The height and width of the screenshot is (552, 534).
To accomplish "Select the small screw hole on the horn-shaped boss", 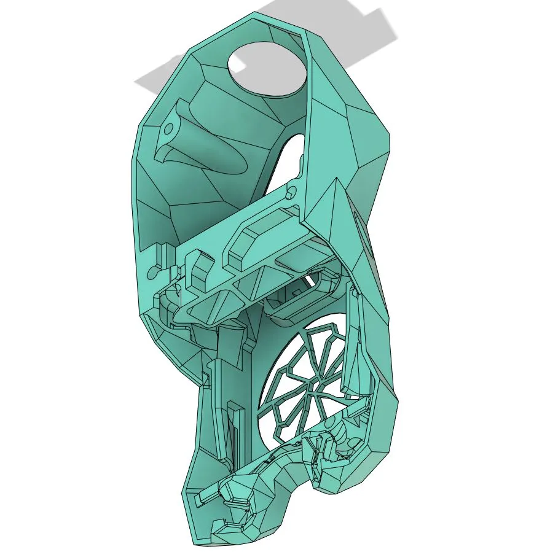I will click(167, 130).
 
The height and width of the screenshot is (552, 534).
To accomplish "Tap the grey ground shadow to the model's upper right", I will click(369, 28).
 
